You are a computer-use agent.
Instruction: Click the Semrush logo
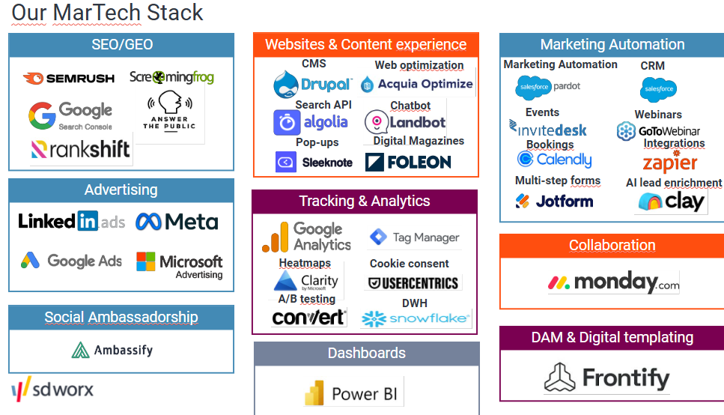(x=69, y=78)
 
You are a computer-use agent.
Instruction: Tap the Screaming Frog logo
(x=171, y=77)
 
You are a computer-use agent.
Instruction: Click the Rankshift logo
(x=81, y=150)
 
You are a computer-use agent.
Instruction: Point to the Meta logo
(x=177, y=222)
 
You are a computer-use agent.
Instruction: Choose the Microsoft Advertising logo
(x=180, y=264)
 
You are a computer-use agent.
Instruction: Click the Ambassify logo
(x=112, y=350)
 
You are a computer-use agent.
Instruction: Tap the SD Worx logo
(x=52, y=390)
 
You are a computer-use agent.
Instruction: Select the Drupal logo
(x=312, y=84)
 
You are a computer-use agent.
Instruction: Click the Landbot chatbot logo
(x=405, y=122)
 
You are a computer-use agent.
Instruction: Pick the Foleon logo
(x=408, y=162)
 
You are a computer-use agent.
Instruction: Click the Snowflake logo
(x=416, y=319)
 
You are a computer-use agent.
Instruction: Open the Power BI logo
(x=352, y=394)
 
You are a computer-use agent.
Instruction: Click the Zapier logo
(x=669, y=162)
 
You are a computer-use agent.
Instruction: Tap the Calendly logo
(x=554, y=160)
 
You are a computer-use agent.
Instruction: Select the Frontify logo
(x=606, y=378)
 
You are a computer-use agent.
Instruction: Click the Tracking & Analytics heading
(x=365, y=201)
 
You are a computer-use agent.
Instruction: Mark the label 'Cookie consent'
(x=410, y=264)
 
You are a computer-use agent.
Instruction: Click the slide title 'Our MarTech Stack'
(x=107, y=13)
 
